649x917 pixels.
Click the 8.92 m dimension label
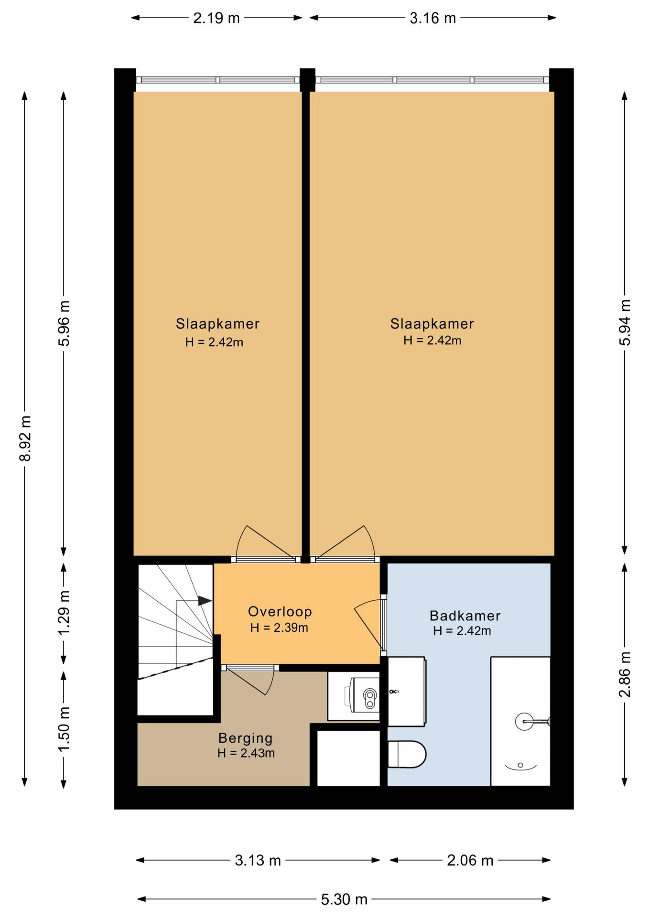tap(26, 438)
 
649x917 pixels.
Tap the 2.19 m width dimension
tap(216, 18)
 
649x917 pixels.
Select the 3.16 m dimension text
tap(433, 18)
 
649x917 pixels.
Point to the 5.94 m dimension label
tap(625, 322)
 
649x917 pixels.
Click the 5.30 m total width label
tap(344, 900)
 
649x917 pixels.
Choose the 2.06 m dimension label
tap(470, 860)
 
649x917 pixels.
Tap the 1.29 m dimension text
tap(64, 613)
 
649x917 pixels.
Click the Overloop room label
tap(280, 611)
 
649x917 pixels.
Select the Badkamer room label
tap(465, 616)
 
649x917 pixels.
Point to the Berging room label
tap(245, 738)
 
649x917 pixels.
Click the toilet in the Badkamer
tap(406, 755)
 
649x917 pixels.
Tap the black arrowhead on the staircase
tap(206, 600)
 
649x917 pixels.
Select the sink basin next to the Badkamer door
tap(406, 691)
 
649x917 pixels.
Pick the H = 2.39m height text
tap(279, 628)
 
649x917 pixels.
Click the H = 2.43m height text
tap(246, 753)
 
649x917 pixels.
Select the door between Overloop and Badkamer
tap(371, 626)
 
